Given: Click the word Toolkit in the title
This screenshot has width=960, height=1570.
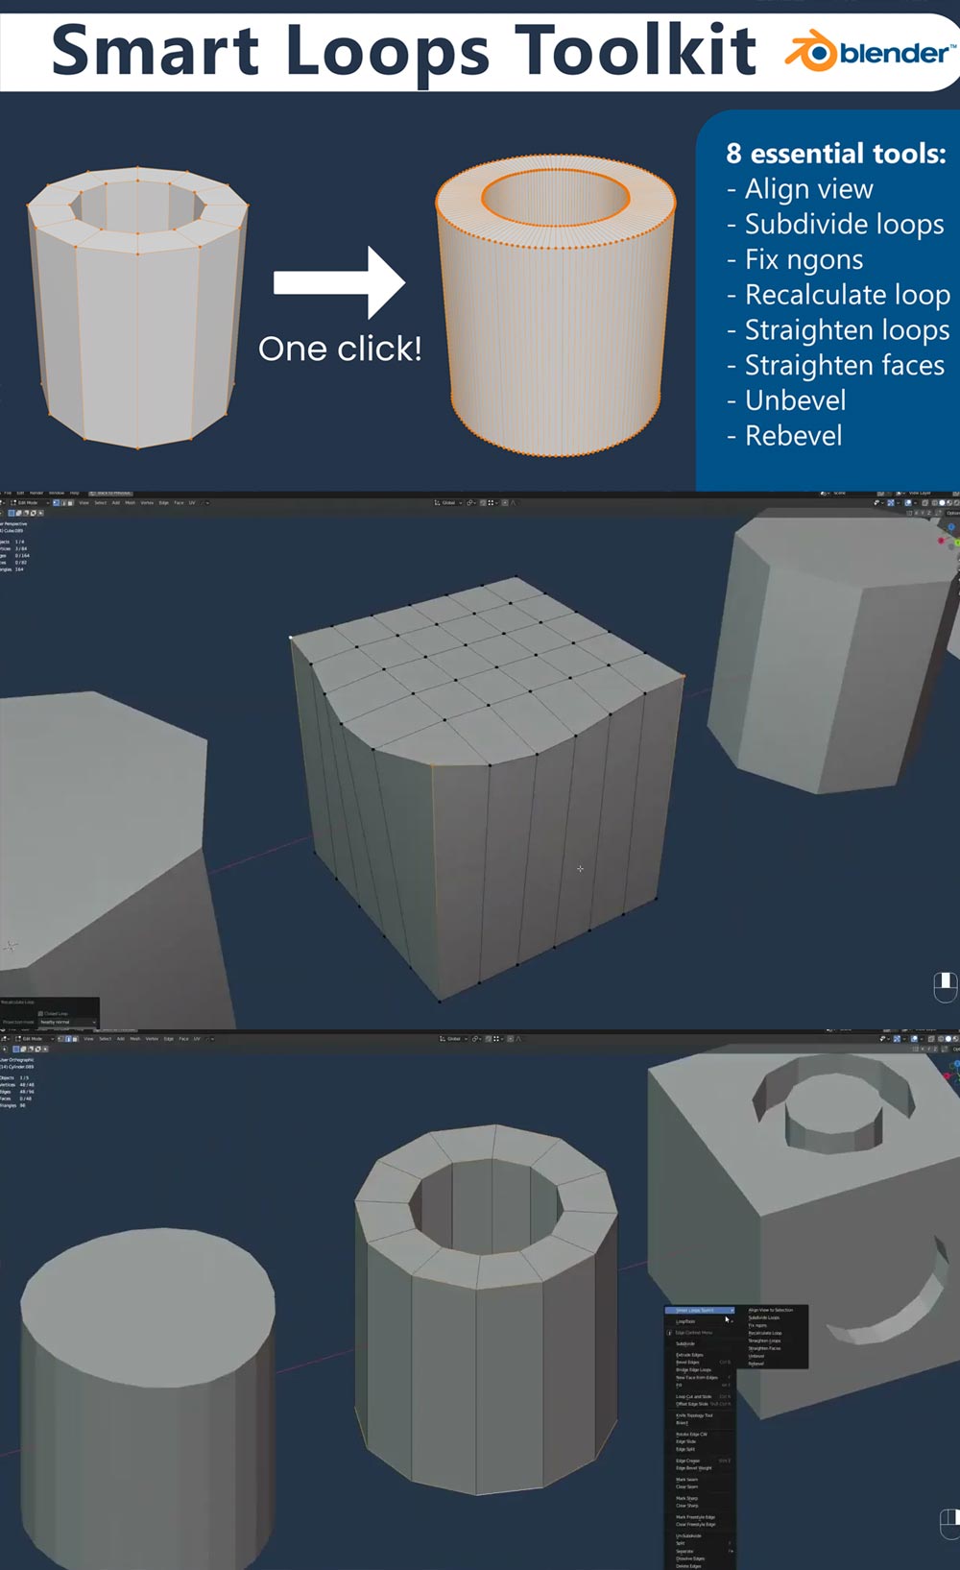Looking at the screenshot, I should (636, 50).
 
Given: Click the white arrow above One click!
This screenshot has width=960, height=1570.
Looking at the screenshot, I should (340, 282).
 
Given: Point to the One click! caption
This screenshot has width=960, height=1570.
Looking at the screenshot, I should (340, 349).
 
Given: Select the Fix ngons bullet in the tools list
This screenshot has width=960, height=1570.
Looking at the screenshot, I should (804, 259).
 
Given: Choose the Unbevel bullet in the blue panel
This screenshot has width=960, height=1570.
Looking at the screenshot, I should (795, 400).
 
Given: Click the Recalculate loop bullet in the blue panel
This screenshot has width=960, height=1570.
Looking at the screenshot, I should (847, 295).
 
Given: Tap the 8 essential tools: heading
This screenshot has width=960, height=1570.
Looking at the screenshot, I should (835, 154).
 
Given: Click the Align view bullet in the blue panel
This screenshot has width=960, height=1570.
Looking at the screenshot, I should (808, 189).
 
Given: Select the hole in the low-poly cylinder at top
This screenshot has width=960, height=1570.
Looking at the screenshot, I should (136, 204).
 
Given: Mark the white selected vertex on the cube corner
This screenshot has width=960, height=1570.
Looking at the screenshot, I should (291, 637).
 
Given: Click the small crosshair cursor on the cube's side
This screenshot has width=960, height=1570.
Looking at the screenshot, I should (580, 869).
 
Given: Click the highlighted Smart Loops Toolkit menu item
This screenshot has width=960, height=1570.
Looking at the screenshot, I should (698, 1310).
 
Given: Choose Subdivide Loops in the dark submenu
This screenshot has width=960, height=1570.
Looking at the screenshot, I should (764, 1317).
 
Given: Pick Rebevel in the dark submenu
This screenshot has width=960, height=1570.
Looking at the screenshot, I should (756, 1364).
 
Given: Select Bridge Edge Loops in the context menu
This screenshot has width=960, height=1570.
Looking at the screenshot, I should (693, 1369).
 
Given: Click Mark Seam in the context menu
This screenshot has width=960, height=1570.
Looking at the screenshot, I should (686, 1479).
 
